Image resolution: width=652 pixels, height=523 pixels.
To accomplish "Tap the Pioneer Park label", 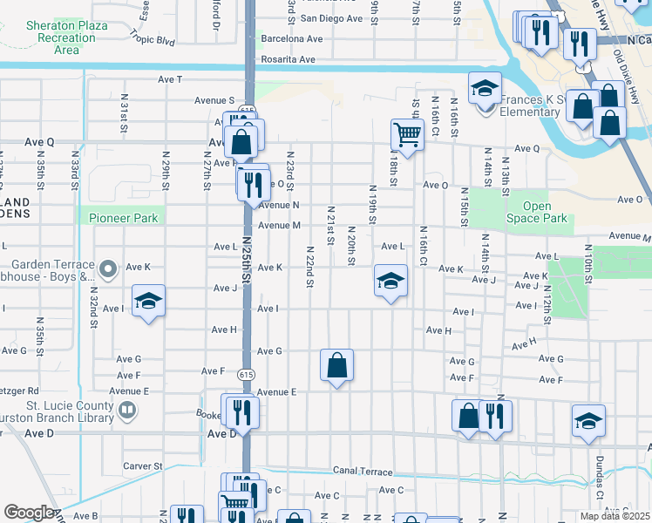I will pyautogui.click(x=123, y=218).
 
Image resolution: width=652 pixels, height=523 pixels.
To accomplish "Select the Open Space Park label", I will pyautogui.click(x=544, y=212).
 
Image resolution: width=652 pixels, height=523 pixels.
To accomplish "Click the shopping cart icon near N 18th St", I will pyautogui.click(x=407, y=134).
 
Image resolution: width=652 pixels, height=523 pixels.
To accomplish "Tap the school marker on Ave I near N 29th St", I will pyautogui.click(x=149, y=302).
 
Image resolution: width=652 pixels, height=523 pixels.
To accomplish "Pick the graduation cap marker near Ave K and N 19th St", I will pyautogui.click(x=391, y=282).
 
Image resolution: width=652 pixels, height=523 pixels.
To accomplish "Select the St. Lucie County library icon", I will pyautogui.click(x=128, y=409).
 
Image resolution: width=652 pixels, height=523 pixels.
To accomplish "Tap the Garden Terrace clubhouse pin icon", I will pyautogui.click(x=107, y=269).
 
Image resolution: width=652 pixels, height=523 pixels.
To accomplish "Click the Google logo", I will pyautogui.click(x=28, y=513).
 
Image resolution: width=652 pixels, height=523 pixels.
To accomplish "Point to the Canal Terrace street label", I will pyautogui.click(x=363, y=472).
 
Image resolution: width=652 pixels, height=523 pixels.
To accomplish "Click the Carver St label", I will pyautogui.click(x=143, y=466).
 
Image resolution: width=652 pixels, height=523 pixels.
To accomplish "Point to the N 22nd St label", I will pyautogui.click(x=310, y=266).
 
